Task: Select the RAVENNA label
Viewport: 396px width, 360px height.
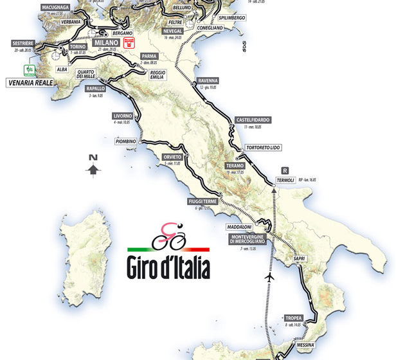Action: tap(208, 80)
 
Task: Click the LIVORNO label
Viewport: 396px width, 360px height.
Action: tap(122, 116)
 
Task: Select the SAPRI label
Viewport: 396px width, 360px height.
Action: tap(298, 258)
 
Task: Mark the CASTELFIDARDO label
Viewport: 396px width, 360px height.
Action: tap(253, 120)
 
